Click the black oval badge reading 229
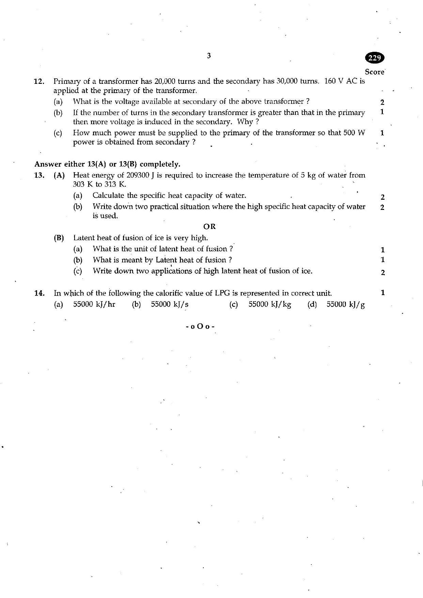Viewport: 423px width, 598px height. pos(375,58)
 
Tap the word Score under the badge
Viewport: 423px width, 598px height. pos(375,72)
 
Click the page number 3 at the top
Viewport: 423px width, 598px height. pos(209,56)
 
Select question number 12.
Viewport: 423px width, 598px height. pos(39,81)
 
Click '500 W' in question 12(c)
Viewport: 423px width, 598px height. pos(354,133)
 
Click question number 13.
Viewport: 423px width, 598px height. pos(39,175)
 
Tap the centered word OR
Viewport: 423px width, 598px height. pos(209,227)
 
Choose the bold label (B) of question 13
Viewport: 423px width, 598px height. pos(59,238)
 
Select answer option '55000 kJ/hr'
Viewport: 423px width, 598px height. pos(94,304)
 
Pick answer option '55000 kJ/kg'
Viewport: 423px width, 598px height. pos(270,304)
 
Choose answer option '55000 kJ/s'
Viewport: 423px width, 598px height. pos(170,304)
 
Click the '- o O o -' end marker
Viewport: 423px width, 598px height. pos(200,326)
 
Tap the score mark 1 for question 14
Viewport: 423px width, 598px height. pos(383,292)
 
